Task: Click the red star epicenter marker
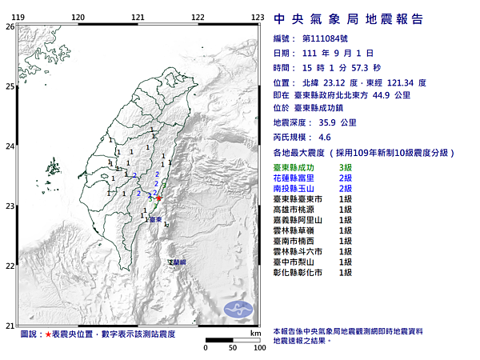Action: click(x=158, y=197)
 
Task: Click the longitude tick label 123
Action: click(x=258, y=17)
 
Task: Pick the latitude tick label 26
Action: click(x=10, y=26)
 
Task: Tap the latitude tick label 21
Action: click(x=10, y=325)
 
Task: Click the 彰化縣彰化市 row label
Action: click(x=299, y=272)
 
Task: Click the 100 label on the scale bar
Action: click(x=259, y=348)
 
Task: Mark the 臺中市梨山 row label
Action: click(x=297, y=262)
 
